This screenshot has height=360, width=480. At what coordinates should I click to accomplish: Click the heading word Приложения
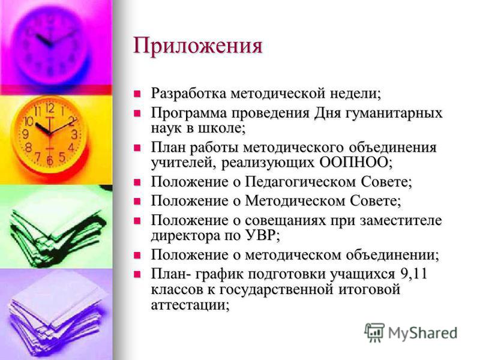pos(198,47)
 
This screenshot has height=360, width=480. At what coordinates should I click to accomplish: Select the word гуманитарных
pos(394,113)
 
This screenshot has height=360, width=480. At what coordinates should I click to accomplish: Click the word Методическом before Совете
pos(296,201)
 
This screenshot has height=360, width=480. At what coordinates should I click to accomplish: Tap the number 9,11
pos(413,274)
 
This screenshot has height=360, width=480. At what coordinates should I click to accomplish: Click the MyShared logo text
pos(423,333)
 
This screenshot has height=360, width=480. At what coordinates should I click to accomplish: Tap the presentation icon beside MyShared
pos(374,332)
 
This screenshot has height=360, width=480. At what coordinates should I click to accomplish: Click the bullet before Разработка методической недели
pos(137,94)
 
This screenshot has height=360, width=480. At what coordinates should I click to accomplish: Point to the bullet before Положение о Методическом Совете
pos(137,201)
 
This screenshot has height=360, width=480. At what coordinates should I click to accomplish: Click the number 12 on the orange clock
pos(50,108)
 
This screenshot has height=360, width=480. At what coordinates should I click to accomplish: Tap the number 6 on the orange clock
pos(50,160)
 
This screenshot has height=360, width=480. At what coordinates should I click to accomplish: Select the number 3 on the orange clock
pos(74,134)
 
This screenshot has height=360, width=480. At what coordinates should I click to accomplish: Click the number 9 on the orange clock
pos(26,134)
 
